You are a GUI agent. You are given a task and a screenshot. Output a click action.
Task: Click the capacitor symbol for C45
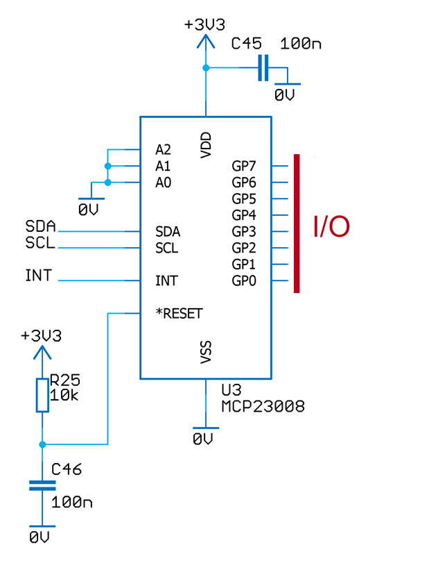[x=262, y=68]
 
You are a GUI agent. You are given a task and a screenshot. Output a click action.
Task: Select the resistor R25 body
[x=42, y=395]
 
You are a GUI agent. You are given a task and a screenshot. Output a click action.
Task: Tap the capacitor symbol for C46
[x=42, y=485]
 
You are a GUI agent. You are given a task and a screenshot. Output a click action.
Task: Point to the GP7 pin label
[x=244, y=166]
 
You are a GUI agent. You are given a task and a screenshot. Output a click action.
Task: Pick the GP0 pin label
[x=244, y=280]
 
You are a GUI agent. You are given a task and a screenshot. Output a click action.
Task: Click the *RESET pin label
[x=179, y=313]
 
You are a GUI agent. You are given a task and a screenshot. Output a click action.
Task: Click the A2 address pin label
[x=163, y=149]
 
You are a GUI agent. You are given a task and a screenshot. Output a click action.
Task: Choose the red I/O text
[x=331, y=227]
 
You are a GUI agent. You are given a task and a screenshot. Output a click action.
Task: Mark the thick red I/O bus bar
[x=297, y=223]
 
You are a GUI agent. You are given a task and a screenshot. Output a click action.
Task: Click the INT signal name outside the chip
[x=38, y=276]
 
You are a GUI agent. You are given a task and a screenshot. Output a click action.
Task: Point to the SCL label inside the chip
[x=166, y=248]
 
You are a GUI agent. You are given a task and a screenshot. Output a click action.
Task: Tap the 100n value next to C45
[x=301, y=44]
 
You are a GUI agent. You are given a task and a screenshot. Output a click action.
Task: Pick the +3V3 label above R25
[x=41, y=336]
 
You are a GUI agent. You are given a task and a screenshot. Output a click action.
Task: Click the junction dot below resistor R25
[x=42, y=444]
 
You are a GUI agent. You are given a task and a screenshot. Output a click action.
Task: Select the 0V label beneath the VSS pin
[x=204, y=439]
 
